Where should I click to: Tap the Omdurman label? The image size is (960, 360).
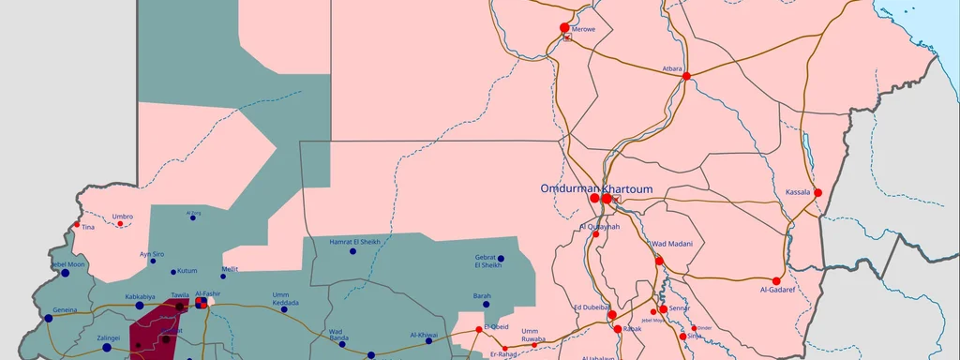click(x=568, y=188)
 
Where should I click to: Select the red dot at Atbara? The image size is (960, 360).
click(x=686, y=76)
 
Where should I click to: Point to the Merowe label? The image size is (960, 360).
click(x=582, y=29)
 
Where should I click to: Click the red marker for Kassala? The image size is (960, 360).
click(x=817, y=193)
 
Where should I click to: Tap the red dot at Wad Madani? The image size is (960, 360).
click(x=659, y=261)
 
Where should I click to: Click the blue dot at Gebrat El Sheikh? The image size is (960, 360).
click(x=501, y=258)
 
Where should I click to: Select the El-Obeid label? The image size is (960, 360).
click(x=495, y=326)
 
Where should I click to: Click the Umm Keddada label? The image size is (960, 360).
click(x=286, y=298)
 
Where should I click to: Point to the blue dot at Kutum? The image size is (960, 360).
click(x=172, y=272)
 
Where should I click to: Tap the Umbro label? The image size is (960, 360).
click(x=123, y=217)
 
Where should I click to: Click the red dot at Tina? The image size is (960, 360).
click(x=77, y=224)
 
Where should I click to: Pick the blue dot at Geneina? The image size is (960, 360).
click(x=49, y=318)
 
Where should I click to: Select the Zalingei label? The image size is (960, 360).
click(x=109, y=337)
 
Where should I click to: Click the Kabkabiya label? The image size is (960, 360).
click(x=140, y=296)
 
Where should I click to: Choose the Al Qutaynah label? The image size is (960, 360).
click(x=600, y=226)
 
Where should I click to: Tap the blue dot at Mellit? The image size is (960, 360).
click(x=223, y=276)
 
